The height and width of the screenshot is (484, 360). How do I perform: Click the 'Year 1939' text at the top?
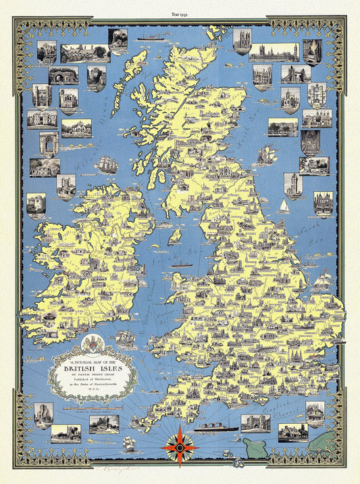tap(180, 12)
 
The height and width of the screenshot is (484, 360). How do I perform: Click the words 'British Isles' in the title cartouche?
tap(90, 369)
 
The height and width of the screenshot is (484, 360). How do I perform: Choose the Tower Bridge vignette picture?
tap(296, 74)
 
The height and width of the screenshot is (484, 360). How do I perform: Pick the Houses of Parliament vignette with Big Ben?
tap(274, 53)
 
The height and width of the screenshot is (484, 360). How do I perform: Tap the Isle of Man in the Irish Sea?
tap(174, 237)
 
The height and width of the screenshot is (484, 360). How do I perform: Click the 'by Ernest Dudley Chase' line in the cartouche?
tap(90, 379)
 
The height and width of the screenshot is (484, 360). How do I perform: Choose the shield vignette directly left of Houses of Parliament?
tap(242, 41)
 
